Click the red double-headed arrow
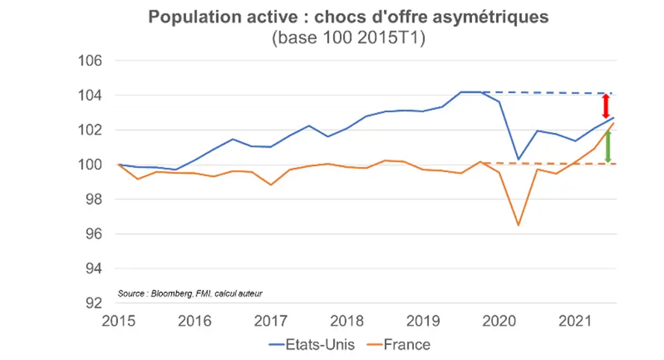(606, 105)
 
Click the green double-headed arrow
(608, 146)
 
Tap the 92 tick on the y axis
(94, 303)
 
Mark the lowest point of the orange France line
(518, 225)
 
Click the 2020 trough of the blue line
(518, 159)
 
